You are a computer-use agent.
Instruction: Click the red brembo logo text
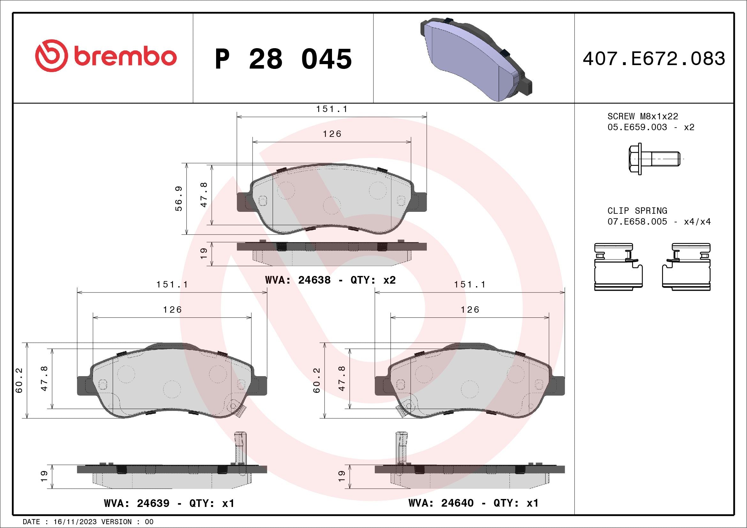[x=125, y=57]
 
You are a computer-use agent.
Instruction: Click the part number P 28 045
[x=283, y=59]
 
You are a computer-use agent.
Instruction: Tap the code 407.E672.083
[x=654, y=58]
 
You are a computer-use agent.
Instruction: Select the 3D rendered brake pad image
[x=476, y=59]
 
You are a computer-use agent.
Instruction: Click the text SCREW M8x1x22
[x=643, y=116]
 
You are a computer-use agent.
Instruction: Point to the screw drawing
[x=654, y=159]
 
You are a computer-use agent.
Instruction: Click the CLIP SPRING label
[x=638, y=211]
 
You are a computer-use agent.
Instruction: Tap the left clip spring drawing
[x=618, y=267]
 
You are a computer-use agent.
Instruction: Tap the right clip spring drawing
[x=686, y=267]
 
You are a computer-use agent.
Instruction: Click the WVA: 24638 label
[x=298, y=280]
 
